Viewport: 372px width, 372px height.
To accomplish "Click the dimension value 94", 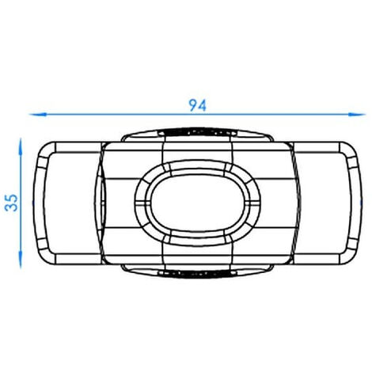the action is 197,105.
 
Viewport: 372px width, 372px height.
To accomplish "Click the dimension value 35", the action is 11,203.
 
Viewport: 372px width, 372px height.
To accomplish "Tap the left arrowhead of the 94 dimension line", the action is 38,115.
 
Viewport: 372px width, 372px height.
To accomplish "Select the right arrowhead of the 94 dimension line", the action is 357,115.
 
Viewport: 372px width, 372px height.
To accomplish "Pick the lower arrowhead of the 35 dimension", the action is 21,260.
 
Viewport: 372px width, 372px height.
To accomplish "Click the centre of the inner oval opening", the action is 197,203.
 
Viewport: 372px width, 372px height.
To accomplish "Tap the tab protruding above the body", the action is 197,135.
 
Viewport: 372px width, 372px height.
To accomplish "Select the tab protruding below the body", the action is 197,271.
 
